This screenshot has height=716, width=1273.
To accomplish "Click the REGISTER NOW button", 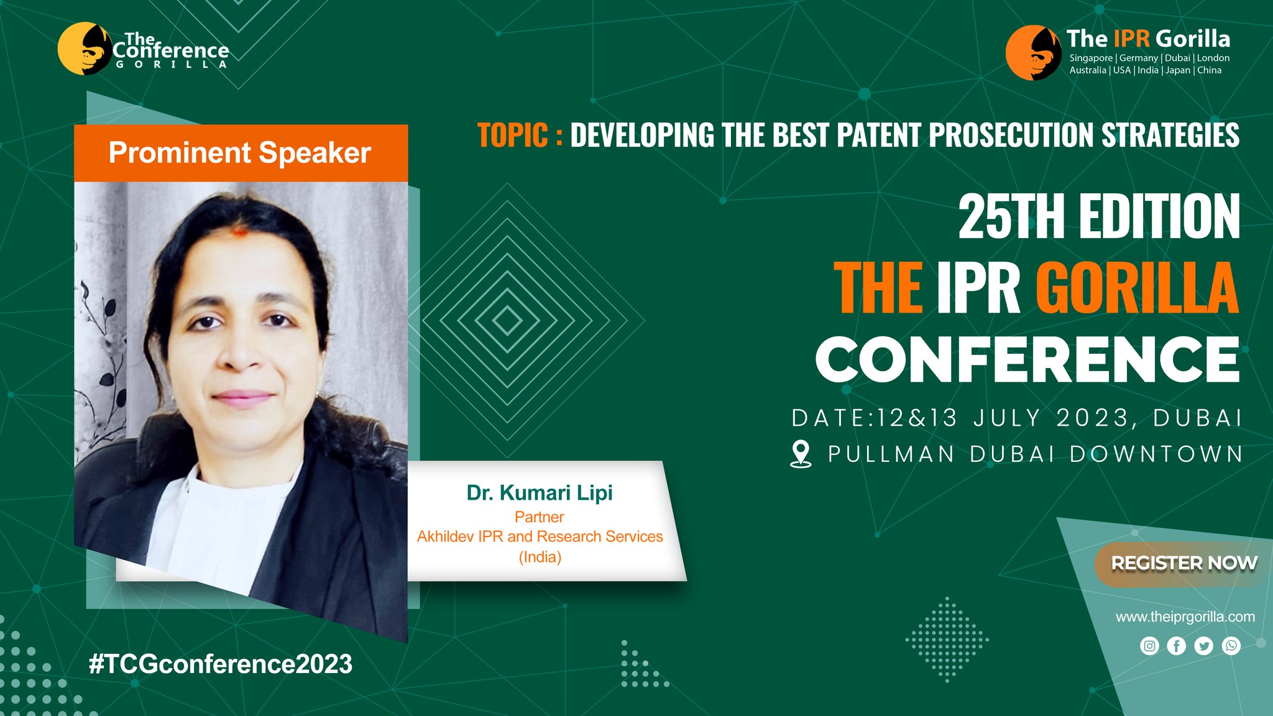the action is coord(1184,564).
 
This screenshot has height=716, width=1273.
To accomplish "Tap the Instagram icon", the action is coord(1149,646).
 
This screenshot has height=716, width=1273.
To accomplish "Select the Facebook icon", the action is coord(1177,646).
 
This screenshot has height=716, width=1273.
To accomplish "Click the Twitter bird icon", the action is coord(1204,646).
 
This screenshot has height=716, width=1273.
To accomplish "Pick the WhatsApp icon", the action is coord(1231,646).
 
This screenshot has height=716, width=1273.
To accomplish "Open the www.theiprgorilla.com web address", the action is coord(1185,617).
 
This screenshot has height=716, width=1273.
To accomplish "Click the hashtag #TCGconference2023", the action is coord(221,664).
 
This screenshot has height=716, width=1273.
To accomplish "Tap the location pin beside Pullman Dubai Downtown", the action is coord(801,454).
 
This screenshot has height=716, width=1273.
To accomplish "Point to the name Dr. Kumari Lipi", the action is coord(540,493).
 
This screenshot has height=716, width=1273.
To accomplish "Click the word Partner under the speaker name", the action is coord(540,517).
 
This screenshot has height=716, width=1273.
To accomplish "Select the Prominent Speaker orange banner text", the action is coord(240,153).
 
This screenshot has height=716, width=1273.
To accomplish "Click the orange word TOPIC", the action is coord(513,135).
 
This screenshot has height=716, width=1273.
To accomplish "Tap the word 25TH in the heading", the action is coord(1011,216).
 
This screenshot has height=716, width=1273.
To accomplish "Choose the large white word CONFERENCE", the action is coord(1027,360).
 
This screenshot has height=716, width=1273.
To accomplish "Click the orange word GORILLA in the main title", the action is coord(1137,287).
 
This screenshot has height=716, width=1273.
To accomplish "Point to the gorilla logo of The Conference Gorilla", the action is coord(85,48).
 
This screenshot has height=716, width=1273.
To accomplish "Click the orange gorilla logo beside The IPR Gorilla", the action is coord(1033,53).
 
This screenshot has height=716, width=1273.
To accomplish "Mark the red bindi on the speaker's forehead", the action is coord(240,233).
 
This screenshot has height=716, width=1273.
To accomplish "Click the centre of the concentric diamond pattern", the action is coord(507,321).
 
